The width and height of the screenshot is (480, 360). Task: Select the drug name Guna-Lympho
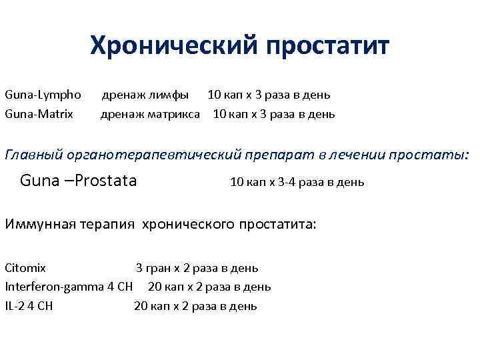43,95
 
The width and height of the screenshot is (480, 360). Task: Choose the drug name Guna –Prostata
79,180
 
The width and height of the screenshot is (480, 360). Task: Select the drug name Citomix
26,268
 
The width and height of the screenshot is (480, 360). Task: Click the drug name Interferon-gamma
54,287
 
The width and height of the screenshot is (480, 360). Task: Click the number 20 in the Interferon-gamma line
154,287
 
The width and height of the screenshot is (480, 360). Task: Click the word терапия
108,223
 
